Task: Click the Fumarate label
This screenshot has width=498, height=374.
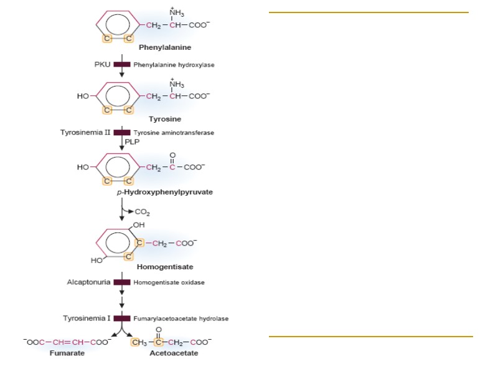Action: click(x=67, y=353)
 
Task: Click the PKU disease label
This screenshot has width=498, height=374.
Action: click(x=102, y=65)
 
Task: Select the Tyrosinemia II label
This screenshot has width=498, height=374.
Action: click(x=85, y=132)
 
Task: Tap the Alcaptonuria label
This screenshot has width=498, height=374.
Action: click(x=89, y=282)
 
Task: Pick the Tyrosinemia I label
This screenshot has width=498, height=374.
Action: click(x=87, y=319)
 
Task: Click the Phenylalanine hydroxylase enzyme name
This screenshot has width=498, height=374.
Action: click(x=174, y=65)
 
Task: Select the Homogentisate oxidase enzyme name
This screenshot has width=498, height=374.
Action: click(x=169, y=282)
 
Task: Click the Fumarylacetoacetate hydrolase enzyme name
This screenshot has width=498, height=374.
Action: click(x=181, y=319)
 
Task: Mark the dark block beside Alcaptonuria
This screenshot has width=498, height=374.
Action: click(x=122, y=282)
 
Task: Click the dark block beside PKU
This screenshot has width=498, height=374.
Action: click(x=122, y=65)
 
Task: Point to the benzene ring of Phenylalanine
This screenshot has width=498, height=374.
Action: click(x=117, y=26)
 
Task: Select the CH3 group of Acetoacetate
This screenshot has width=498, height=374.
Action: click(x=139, y=342)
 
